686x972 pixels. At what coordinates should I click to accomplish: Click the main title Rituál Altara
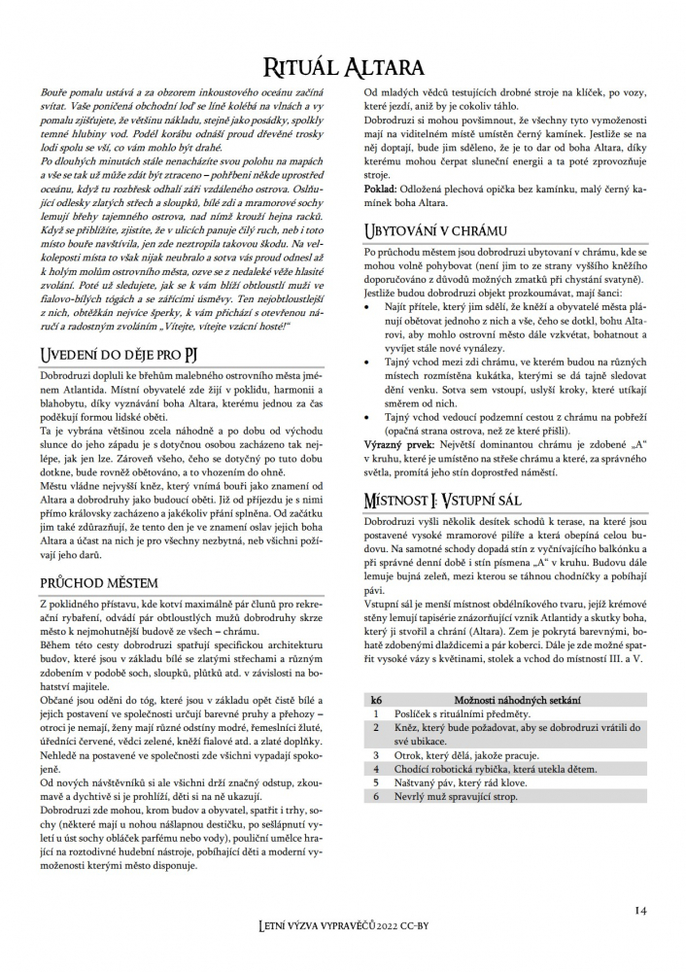click(342, 66)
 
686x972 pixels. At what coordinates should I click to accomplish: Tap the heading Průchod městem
click(100, 582)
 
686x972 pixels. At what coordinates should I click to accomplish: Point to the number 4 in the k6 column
click(376, 768)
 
